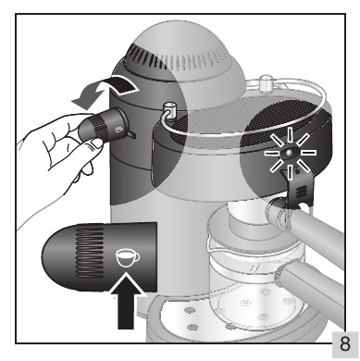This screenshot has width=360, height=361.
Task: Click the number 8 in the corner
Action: pyautogui.click(x=345, y=343)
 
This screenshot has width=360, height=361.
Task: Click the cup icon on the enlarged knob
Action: pyautogui.click(x=127, y=258)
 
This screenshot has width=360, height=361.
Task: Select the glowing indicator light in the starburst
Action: pyautogui.click(x=290, y=153)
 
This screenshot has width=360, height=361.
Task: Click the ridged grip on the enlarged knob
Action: pyautogui.click(x=90, y=252)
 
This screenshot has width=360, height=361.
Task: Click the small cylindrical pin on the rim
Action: pyautogui.click(x=168, y=109)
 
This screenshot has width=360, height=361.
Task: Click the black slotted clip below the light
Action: pyautogui.click(x=298, y=189)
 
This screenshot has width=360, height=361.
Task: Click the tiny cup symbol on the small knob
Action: pyautogui.click(x=118, y=130)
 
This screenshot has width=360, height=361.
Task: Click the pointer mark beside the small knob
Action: pyautogui.click(x=131, y=134)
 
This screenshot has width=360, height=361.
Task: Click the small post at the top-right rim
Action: pyautogui.click(x=266, y=83)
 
